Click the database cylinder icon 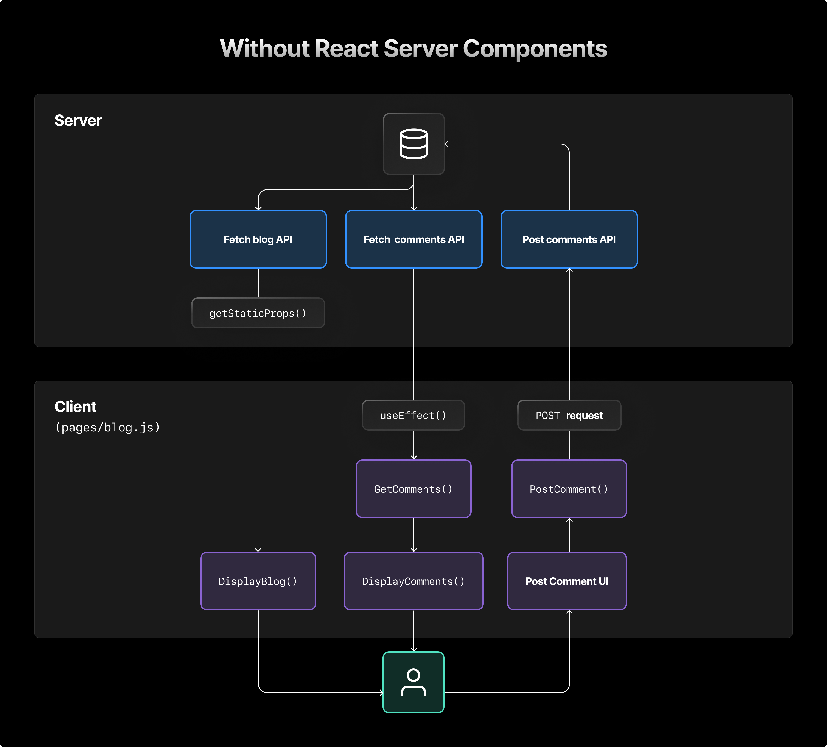coord(413,144)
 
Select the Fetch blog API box coord(258,239)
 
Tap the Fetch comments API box coord(413,239)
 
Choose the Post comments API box coord(569,239)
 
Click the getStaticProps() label coord(258,313)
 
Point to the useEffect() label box coord(413,415)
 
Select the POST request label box coord(569,415)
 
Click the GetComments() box coord(413,489)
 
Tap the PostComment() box coord(569,489)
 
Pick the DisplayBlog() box coord(258,581)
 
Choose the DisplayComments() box coord(413,581)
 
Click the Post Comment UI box coord(567,581)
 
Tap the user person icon coord(413,682)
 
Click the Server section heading coord(78,121)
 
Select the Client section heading coord(75,407)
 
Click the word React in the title coord(347,49)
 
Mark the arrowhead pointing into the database coord(447,144)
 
